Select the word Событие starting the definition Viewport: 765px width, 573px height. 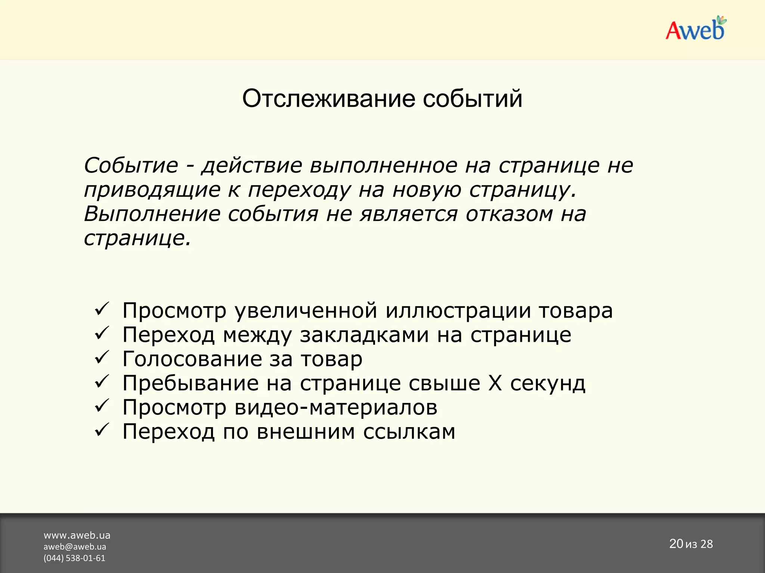coord(131,165)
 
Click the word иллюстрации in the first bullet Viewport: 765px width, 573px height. coord(458,310)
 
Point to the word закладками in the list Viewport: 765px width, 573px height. coord(364,335)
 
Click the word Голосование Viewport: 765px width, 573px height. coord(192,359)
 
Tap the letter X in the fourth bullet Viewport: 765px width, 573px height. coord(495,383)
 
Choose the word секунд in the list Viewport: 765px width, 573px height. coord(548,383)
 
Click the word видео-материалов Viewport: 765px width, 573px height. coord(336,407)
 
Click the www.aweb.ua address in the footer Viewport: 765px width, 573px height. coord(77,535)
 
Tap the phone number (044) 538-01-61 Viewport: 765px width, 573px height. coord(74,558)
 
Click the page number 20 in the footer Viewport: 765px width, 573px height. coord(676,544)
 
